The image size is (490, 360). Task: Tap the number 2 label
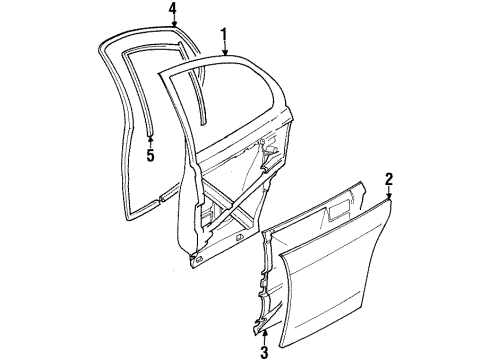(389, 180)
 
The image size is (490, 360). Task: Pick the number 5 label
(149, 155)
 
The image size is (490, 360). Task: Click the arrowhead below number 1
(225, 52)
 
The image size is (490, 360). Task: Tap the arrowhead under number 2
(389, 197)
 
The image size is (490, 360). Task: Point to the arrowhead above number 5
(149, 141)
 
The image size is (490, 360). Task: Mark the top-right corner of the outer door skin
(388, 204)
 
